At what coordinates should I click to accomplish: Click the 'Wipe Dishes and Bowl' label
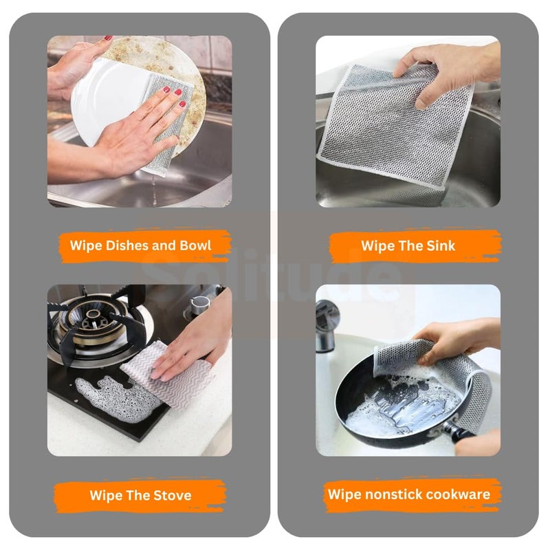140,246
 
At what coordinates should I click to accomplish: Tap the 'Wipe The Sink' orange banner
408,246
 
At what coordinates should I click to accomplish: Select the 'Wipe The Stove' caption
140,495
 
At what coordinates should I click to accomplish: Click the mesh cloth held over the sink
392,131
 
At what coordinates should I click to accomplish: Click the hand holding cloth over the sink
447,65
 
